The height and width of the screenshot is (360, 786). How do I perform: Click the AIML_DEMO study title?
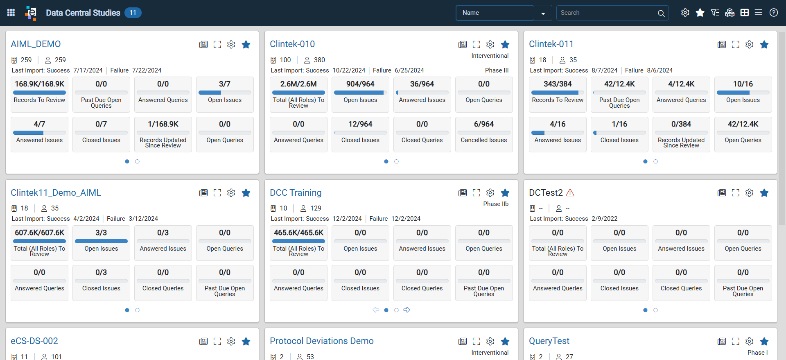[36, 44]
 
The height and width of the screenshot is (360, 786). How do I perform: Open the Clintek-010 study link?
[292, 44]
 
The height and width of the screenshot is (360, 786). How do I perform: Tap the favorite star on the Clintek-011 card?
[764, 44]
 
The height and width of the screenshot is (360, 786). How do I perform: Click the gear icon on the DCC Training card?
[490, 192]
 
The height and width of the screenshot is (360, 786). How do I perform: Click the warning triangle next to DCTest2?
[570, 192]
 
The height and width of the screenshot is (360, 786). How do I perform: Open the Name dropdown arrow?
[543, 13]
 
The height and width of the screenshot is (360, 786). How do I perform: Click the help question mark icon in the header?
[774, 13]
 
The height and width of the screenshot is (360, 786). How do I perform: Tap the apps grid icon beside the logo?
[11, 13]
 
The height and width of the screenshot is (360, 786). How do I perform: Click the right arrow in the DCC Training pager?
[407, 310]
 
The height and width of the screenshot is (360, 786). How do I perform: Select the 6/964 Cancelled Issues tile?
[484, 134]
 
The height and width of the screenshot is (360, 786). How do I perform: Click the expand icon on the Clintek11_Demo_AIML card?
[217, 192]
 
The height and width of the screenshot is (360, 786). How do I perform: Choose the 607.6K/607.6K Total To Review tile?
[40, 243]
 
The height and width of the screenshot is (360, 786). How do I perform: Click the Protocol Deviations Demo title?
[322, 341]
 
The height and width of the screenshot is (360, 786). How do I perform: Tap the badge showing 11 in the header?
[133, 13]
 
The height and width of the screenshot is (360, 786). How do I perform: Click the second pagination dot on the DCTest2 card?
[655, 310]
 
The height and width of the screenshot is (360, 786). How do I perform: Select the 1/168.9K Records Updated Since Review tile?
[163, 134]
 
